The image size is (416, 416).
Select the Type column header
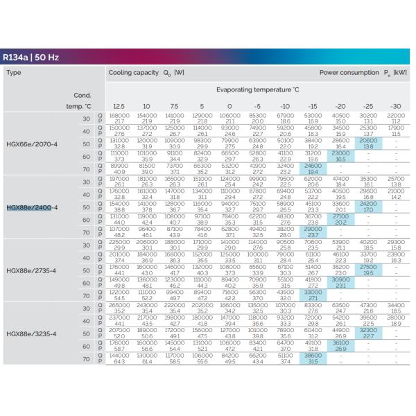(x=14, y=72)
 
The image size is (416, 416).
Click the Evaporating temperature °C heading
(x=257, y=90)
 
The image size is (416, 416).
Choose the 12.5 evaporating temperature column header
(x=119, y=106)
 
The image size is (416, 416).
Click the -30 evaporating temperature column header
(x=395, y=106)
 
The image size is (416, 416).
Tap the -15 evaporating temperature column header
(x=313, y=106)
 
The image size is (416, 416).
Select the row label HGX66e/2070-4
(x=32, y=144)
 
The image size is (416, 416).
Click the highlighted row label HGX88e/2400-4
(x=32, y=207)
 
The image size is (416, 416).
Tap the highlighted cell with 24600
(x=313, y=169)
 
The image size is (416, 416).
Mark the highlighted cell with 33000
(x=313, y=295)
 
